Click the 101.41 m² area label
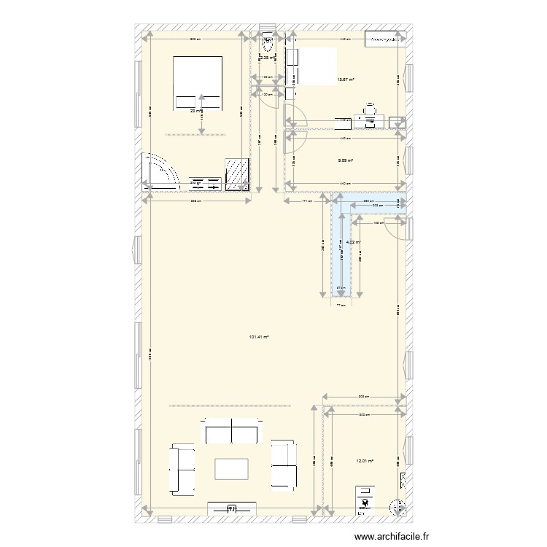[259, 337]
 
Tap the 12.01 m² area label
[364, 460]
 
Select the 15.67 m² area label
[346, 80]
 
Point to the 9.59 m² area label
[346, 161]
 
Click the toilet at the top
[268, 42]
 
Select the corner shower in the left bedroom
[162, 173]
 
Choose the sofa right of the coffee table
[283, 464]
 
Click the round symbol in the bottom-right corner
[397, 506]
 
